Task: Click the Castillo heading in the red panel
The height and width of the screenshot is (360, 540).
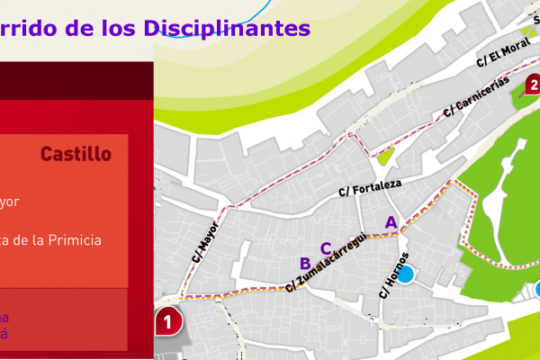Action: coord(76,154)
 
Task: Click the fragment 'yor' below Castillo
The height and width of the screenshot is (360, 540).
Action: coord(9,202)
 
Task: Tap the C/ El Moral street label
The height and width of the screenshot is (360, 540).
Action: coord(503,55)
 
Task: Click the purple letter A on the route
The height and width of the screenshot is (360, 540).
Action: coord(391,221)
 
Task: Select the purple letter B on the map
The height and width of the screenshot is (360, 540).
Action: coord(305,263)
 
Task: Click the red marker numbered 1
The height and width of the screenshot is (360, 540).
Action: coord(167,319)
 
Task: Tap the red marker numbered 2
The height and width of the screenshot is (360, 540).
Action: coord(532,86)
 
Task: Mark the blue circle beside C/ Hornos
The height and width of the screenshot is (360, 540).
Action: coord(406,274)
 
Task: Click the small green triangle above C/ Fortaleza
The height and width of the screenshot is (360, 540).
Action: coord(385,156)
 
